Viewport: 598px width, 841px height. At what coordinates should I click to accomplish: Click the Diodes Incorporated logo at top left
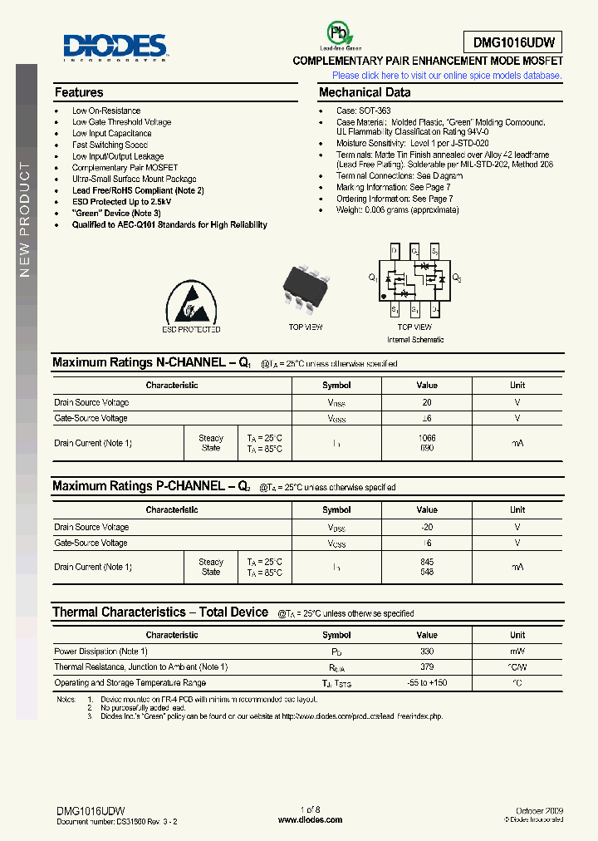click(115, 47)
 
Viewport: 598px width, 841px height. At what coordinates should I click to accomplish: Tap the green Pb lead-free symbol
click(338, 34)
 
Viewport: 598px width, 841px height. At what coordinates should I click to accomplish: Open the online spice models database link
click(447, 76)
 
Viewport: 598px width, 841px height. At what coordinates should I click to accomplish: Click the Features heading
click(79, 93)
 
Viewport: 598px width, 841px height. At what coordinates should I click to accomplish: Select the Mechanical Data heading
click(365, 93)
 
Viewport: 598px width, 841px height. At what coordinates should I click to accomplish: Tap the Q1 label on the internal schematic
click(373, 278)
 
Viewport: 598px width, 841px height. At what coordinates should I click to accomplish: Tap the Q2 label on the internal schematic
click(456, 278)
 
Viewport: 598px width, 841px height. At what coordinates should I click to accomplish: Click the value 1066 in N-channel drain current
click(427, 438)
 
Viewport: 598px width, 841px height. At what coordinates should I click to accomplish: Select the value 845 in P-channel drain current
click(427, 562)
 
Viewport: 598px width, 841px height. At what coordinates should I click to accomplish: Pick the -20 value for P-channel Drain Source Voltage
click(427, 527)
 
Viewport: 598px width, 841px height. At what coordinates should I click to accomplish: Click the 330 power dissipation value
click(427, 652)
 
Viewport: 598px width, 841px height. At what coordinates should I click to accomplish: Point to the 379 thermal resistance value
click(427, 667)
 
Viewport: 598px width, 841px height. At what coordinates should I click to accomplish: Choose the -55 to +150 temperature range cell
click(427, 683)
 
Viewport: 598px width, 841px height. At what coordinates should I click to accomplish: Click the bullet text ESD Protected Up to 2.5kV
click(121, 202)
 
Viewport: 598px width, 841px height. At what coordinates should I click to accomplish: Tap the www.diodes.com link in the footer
click(310, 819)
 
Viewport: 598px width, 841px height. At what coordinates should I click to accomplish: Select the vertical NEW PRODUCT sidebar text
click(25, 220)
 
